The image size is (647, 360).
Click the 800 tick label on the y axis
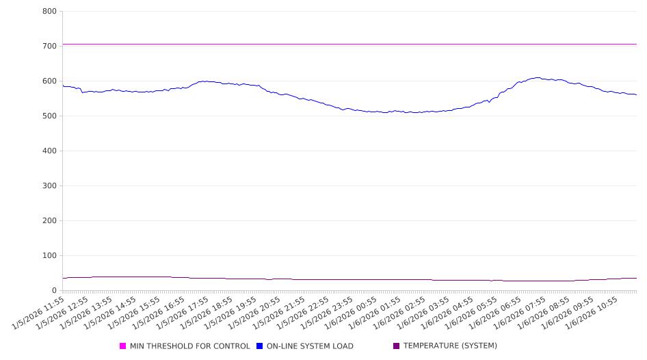click(x=49, y=11)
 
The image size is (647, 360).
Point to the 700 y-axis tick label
click(x=49, y=46)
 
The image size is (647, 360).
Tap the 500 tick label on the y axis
click(x=49, y=116)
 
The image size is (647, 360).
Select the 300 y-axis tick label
click(x=49, y=185)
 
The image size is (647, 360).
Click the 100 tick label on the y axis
click(x=49, y=255)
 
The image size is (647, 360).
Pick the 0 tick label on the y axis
click(x=54, y=290)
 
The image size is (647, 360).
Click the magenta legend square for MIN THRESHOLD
click(x=123, y=346)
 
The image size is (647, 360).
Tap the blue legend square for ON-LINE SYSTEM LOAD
click(x=260, y=346)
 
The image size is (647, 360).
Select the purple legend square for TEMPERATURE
click(x=396, y=346)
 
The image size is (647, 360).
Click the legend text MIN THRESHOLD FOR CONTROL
click(x=189, y=346)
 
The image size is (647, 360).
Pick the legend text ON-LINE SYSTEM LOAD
click(x=310, y=346)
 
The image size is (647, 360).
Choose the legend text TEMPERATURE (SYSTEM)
click(x=450, y=346)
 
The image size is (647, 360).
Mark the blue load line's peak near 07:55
click(x=538, y=77)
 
